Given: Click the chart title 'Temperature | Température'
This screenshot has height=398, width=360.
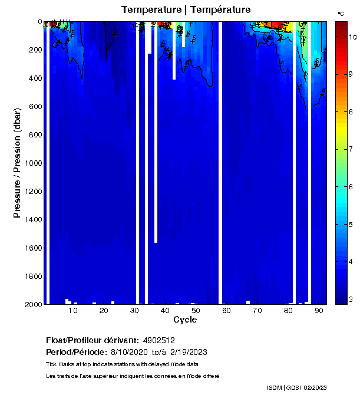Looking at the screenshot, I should [186, 10].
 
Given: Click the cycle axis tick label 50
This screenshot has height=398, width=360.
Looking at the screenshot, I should [196, 311].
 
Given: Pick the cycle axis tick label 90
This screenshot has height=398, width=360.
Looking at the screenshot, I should [318, 311].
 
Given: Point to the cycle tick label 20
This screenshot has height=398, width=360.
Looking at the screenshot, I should [104, 311].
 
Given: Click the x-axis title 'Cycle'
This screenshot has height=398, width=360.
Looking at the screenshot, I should [185, 320].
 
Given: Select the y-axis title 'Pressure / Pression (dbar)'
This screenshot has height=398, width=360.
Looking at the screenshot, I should [17, 163].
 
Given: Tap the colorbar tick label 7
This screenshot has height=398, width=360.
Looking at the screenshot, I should [351, 149].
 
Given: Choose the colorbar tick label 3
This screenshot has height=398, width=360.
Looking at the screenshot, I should [351, 300].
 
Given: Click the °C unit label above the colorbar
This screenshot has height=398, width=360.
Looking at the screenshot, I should [341, 13].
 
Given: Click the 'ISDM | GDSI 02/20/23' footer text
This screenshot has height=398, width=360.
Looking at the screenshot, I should [296, 387].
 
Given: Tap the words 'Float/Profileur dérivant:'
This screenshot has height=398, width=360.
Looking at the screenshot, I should [92, 341].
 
